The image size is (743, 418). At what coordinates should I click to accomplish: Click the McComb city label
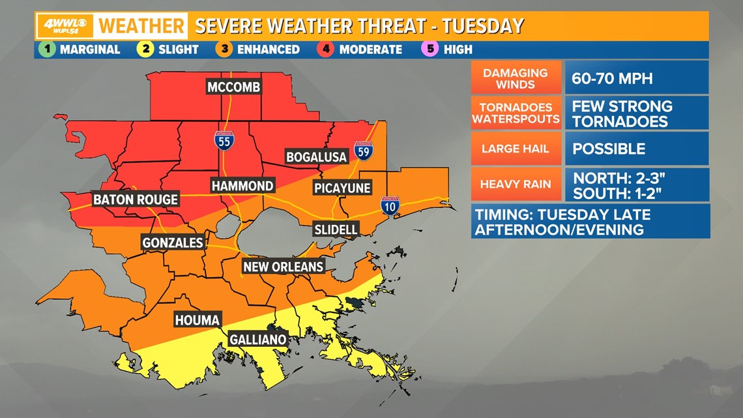tap(233, 87)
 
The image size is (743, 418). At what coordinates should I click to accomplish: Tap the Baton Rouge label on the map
tap(136, 200)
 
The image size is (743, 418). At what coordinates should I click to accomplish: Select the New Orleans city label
tap(283, 266)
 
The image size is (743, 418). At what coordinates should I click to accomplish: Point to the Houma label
tap(197, 320)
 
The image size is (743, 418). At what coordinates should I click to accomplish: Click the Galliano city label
tap(258, 340)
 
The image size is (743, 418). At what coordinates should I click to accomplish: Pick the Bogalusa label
tap(315, 157)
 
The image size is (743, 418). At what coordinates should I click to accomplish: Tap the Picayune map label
tap(342, 188)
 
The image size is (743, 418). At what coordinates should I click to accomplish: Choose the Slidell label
tap(336, 229)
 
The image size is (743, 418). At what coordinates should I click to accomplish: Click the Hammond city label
tap(242, 186)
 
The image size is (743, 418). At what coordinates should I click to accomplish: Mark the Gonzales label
tap(173, 243)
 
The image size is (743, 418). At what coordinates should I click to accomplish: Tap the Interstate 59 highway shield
tap(364, 151)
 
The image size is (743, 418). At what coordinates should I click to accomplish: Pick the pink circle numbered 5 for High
tap(431, 50)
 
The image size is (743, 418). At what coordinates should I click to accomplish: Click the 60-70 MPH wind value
tap(612, 78)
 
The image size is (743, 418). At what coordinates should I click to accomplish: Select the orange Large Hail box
tap(516, 149)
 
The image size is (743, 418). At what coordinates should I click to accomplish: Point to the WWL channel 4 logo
tap(64, 26)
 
